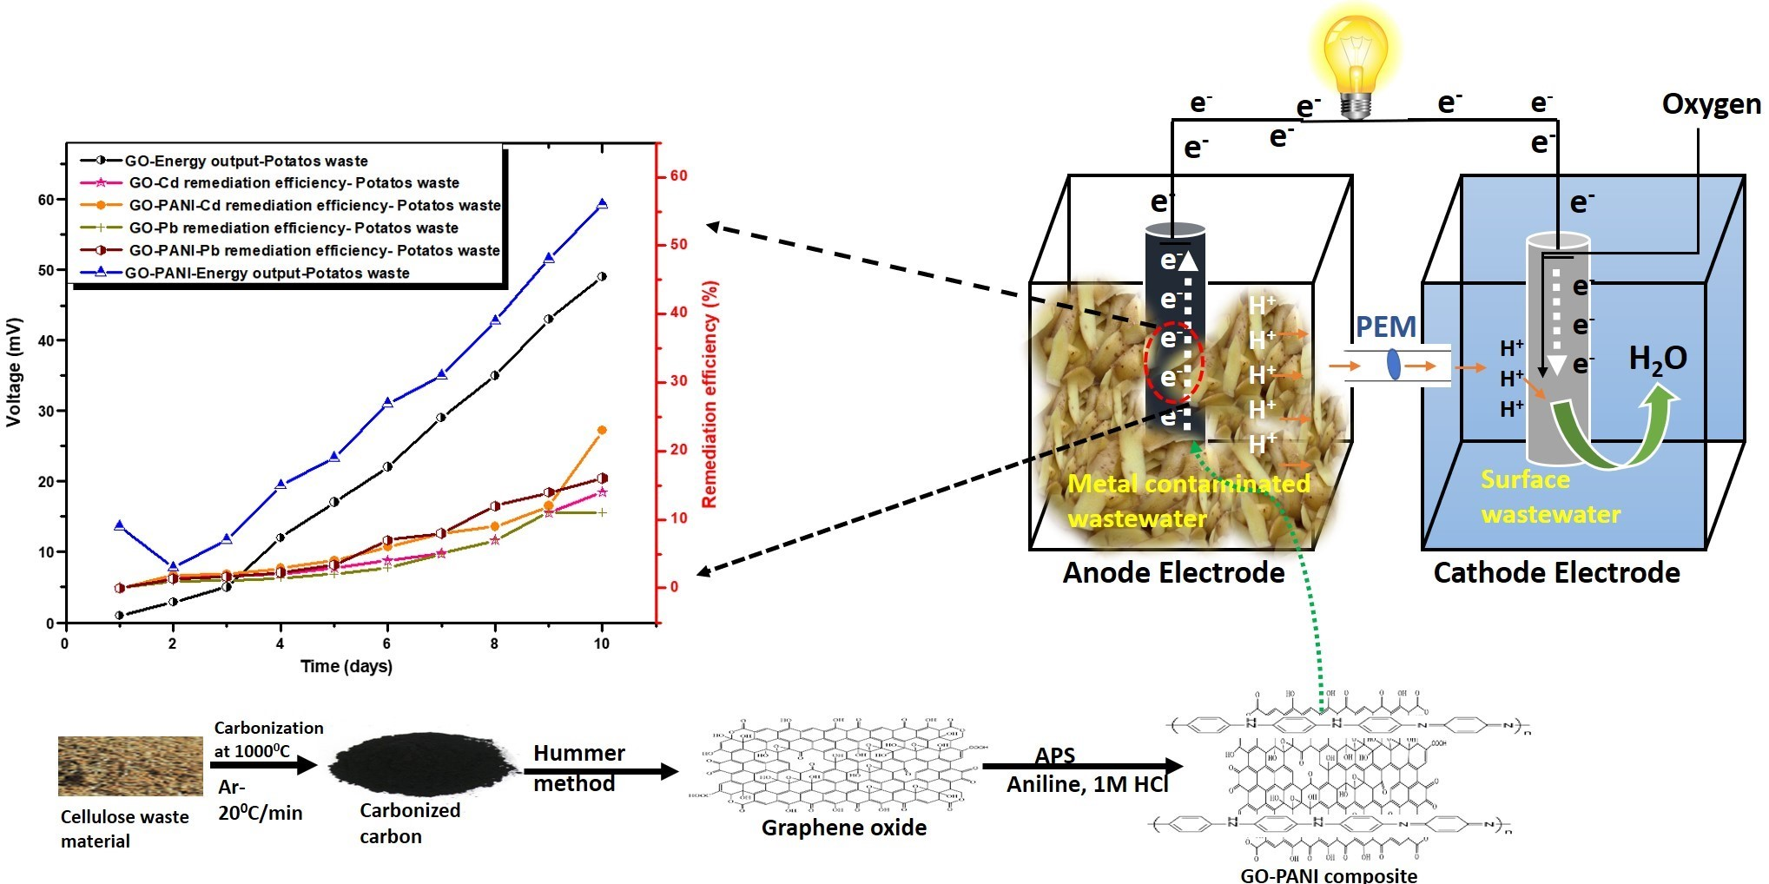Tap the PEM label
coord(1385,327)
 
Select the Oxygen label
coord(1710,104)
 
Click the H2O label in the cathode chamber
coord(1657,359)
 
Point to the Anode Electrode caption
coord(1173,573)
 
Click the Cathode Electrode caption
coord(1556,573)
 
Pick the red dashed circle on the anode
coord(1173,362)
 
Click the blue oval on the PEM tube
coord(1394,364)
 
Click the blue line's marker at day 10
coord(602,204)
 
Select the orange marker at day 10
coord(602,430)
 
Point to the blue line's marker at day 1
coord(119,525)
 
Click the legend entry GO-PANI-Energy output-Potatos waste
coord(267,273)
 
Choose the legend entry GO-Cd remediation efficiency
coord(294,183)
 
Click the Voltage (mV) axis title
coord(14,372)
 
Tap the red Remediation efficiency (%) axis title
coord(710,394)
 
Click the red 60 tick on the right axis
coord(678,176)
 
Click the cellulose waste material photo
coord(130,766)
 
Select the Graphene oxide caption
coord(843,828)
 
